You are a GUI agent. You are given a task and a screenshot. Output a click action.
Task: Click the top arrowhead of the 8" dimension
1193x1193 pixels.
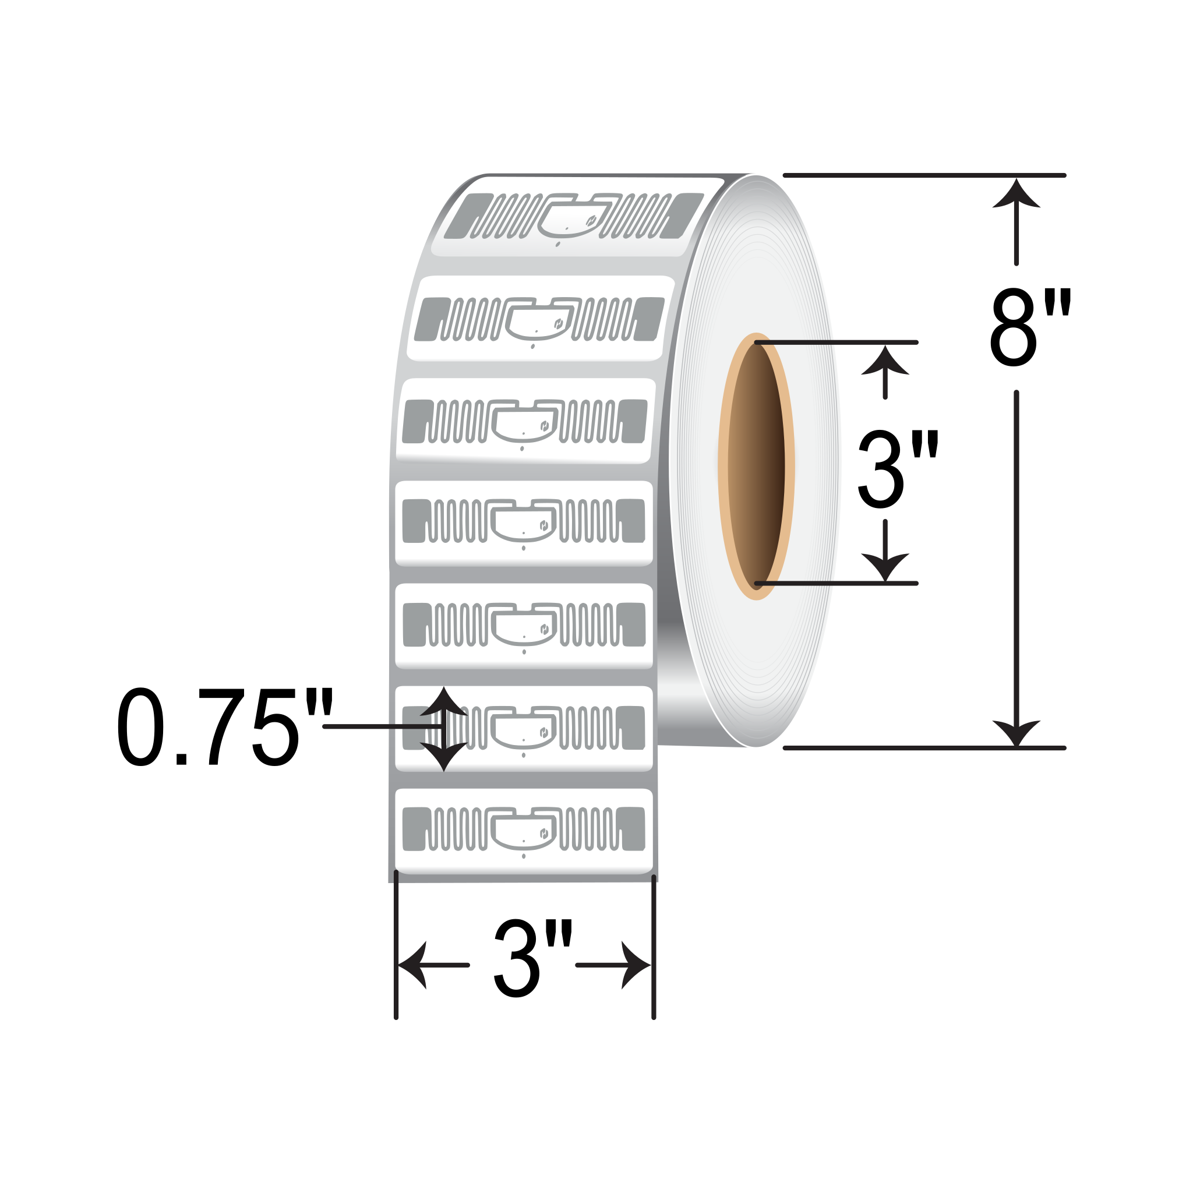(1016, 195)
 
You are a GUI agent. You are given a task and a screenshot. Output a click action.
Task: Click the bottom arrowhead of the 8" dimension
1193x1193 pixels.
(1016, 732)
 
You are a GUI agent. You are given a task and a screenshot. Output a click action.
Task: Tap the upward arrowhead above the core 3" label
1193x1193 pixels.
(885, 361)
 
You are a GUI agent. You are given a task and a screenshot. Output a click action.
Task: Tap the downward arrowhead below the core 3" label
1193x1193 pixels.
(885, 565)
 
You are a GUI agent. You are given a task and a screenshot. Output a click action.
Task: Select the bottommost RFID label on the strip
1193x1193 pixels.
(524, 831)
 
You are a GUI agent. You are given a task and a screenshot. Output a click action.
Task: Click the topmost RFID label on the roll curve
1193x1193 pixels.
(574, 216)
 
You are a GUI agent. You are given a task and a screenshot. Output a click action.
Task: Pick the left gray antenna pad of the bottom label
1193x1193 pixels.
(414, 829)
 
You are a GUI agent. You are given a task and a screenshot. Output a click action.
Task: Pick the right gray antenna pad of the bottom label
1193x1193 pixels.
(630, 829)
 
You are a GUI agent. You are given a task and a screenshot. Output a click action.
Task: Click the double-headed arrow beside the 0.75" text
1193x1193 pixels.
(443, 729)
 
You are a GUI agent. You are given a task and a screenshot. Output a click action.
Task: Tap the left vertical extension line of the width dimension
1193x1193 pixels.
(396, 945)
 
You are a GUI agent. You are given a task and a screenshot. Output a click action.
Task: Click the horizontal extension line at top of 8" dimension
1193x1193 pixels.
(923, 175)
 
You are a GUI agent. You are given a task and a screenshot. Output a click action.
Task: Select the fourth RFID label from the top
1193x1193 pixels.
(524, 523)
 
